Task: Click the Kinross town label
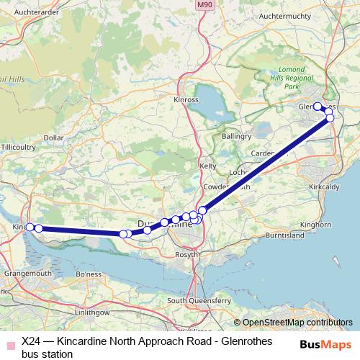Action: (x=186, y=99)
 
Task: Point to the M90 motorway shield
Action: (x=204, y=5)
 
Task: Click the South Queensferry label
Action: (x=197, y=300)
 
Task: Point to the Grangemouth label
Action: (x=25, y=274)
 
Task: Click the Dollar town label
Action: (x=54, y=137)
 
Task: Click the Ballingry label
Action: (x=237, y=136)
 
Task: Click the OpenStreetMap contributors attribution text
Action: (x=296, y=323)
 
